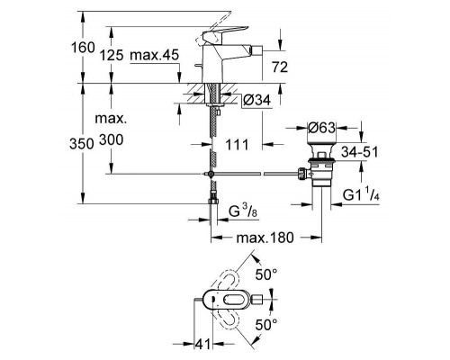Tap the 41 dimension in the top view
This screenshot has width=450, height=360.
coord(204,343)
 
